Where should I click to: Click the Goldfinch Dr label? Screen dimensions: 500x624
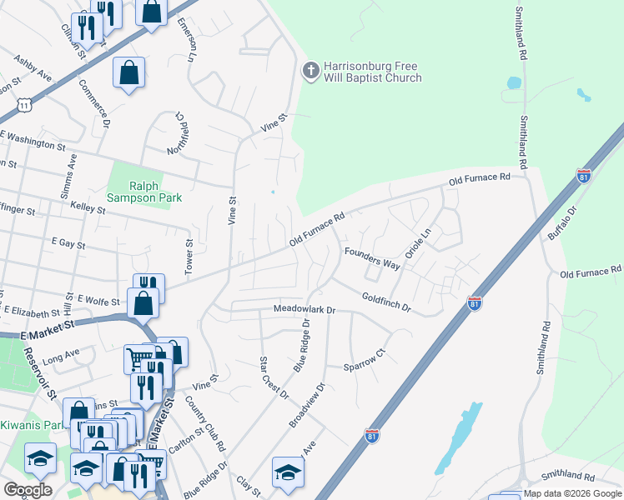386,302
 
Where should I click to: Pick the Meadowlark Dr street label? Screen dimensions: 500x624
304,310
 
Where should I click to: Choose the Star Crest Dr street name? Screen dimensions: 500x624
274,377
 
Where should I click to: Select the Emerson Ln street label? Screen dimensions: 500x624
187,42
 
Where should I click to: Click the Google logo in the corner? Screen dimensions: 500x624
28,489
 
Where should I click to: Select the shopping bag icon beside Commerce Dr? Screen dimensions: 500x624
129,72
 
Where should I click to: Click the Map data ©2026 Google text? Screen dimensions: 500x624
572,493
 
